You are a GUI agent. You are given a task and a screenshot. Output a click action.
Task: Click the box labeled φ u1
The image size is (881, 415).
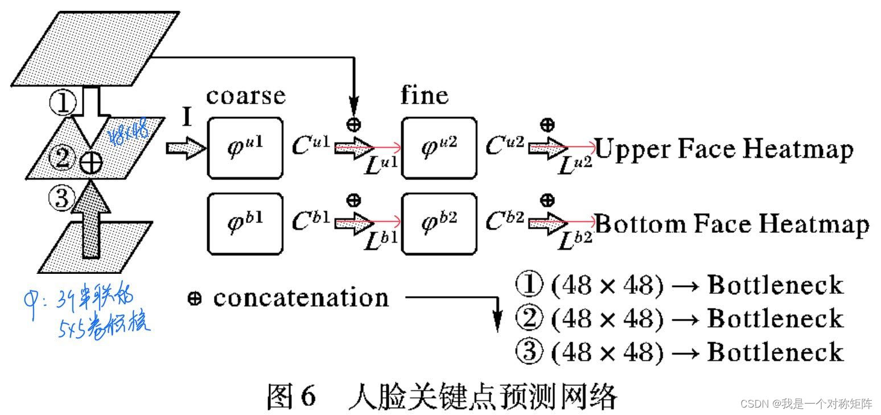tap(245, 148)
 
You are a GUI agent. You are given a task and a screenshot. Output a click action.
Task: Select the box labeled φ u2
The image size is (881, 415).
tap(439, 148)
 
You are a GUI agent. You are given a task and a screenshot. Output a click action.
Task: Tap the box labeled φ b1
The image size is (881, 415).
tap(245, 223)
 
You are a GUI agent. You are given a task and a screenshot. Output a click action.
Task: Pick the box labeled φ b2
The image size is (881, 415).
tap(439, 223)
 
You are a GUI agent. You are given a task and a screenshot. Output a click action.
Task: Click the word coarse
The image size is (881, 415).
tap(245, 96)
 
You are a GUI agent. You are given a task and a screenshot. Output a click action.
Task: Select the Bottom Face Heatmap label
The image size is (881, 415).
tap(732, 224)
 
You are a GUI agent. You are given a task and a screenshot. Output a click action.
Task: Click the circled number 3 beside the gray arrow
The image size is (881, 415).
tap(61, 199)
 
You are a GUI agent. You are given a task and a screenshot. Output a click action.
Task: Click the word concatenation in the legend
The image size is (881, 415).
tap(300, 297)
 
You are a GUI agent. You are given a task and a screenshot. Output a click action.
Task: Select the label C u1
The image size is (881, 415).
tap(311, 147)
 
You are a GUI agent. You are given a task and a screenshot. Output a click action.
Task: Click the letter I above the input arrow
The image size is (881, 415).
tap(187, 118)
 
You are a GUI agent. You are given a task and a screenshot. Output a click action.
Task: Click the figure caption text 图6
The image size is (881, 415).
tap(291, 396)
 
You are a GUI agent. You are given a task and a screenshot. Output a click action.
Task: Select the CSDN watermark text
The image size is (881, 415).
tap(806, 404)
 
